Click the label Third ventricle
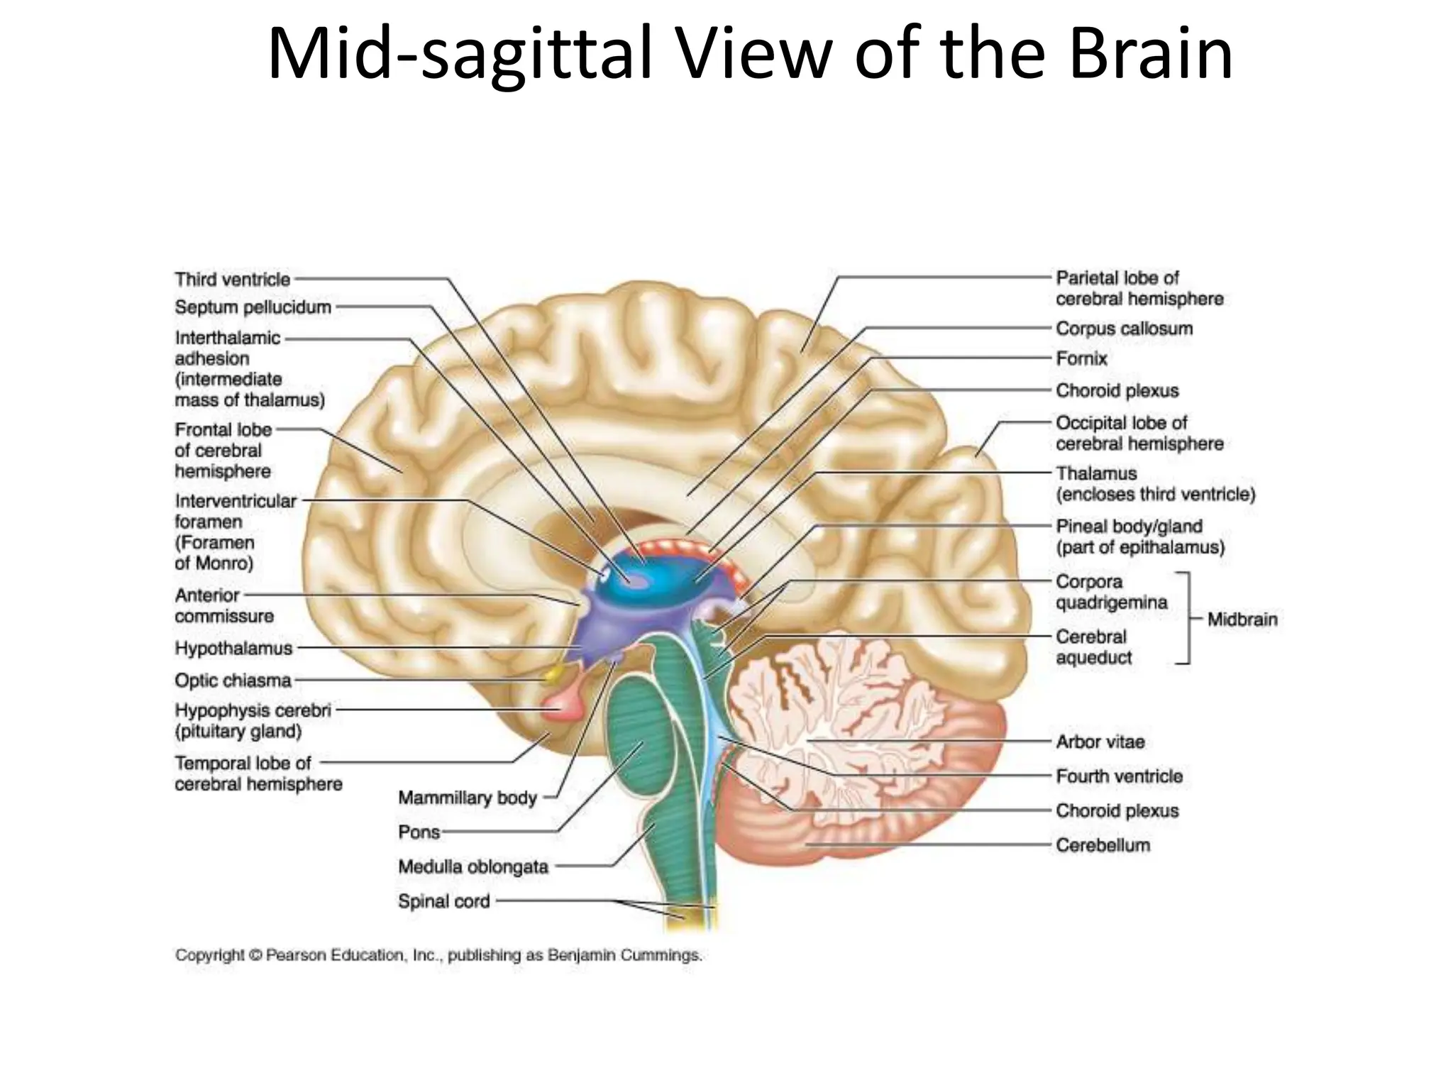click(233, 280)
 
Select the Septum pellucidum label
click(253, 307)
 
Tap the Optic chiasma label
click(233, 681)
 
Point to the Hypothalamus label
click(233, 649)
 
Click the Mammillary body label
click(468, 798)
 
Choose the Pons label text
click(419, 832)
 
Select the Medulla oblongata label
click(473, 866)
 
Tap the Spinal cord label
click(444, 901)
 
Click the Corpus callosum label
click(1124, 329)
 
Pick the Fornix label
click(1081, 359)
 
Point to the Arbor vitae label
click(1100, 742)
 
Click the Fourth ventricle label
click(1119, 776)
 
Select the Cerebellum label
click(1103, 845)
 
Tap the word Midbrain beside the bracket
click(1242, 620)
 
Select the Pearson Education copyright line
click(438, 955)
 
